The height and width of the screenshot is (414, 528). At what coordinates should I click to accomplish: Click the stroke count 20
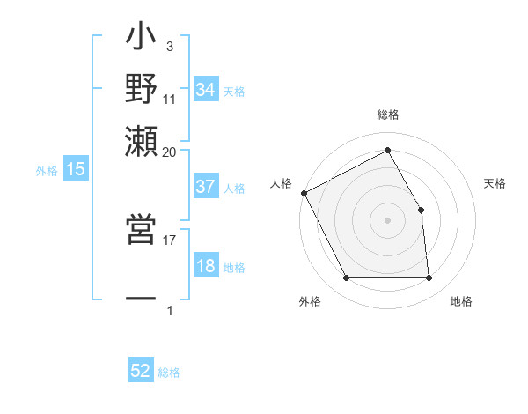click(x=170, y=152)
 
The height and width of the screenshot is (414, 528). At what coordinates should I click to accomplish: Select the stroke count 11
click(x=170, y=100)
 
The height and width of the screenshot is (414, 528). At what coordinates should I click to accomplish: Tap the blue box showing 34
click(x=205, y=90)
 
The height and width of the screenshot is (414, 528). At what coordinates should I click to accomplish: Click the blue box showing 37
click(x=205, y=187)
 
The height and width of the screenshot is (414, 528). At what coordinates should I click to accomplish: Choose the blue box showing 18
click(x=205, y=267)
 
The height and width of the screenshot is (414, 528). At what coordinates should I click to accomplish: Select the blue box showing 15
click(x=75, y=169)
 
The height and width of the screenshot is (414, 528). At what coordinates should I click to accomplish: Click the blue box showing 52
click(x=141, y=371)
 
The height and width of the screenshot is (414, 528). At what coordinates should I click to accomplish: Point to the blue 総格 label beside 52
click(x=169, y=373)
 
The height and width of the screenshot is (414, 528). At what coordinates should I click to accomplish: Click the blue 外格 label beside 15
click(x=46, y=171)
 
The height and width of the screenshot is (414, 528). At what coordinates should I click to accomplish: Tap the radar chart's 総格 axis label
click(x=387, y=115)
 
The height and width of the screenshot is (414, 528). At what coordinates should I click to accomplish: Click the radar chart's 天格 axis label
click(x=495, y=183)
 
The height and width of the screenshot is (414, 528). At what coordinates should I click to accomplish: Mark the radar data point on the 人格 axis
click(x=304, y=193)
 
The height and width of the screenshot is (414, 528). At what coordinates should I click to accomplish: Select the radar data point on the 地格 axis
click(x=429, y=278)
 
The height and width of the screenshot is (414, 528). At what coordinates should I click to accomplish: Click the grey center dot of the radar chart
click(x=387, y=219)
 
